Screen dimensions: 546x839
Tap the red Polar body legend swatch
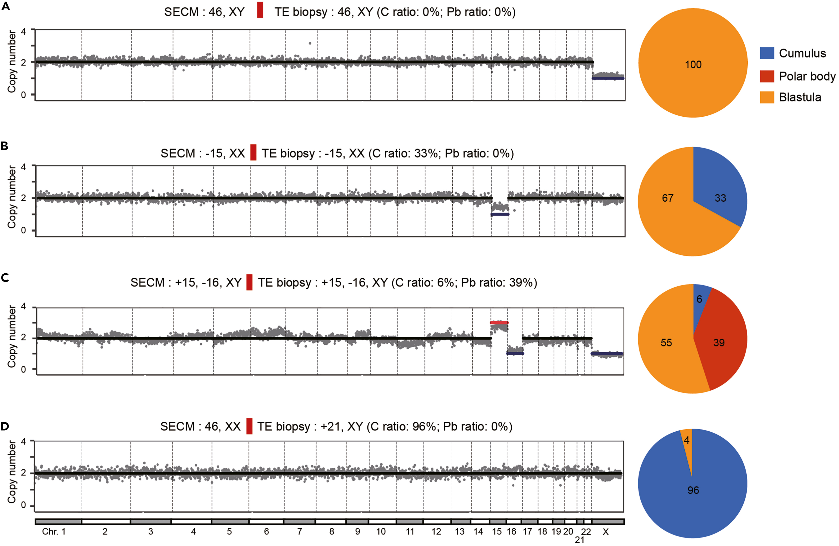tap(767, 76)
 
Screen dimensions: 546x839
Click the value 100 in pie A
tap(693, 65)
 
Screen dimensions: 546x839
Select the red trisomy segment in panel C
tap(499, 322)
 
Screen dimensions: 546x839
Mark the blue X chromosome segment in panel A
tap(608, 78)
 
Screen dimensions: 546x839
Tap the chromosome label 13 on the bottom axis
tap(459, 532)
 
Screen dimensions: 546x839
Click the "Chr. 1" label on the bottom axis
tap(54, 532)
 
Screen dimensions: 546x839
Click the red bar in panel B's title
tap(253, 153)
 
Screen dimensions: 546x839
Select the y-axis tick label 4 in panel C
tap(24, 306)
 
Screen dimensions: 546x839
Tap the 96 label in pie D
tap(693, 490)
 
